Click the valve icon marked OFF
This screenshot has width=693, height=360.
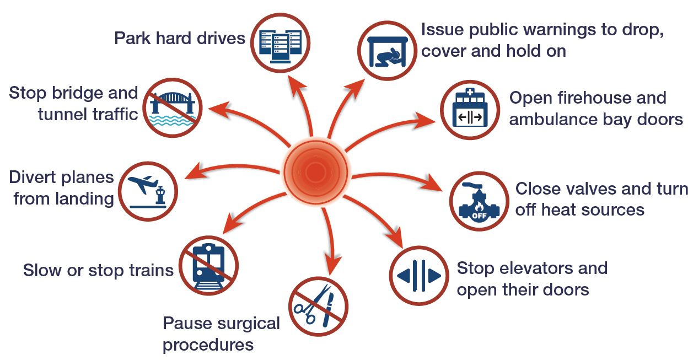coord(477,201)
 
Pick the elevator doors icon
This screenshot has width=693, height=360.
coord(419,275)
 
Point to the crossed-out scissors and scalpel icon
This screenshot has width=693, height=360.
coord(318,307)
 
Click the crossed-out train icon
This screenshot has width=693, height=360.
coord(209,265)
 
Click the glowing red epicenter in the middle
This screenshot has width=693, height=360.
coord(314,172)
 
